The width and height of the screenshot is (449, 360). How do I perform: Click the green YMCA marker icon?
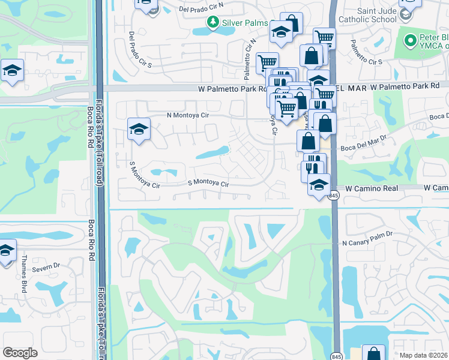click(x=411, y=41)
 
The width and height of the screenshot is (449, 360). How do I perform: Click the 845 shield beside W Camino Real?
click(x=334, y=196)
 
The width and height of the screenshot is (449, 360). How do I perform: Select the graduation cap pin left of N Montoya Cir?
click(x=139, y=128)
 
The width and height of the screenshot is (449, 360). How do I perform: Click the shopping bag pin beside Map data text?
click(x=373, y=354)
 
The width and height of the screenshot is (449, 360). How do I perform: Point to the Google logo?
click(x=20, y=353)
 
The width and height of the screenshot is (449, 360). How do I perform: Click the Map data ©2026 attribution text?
click(x=423, y=355)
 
